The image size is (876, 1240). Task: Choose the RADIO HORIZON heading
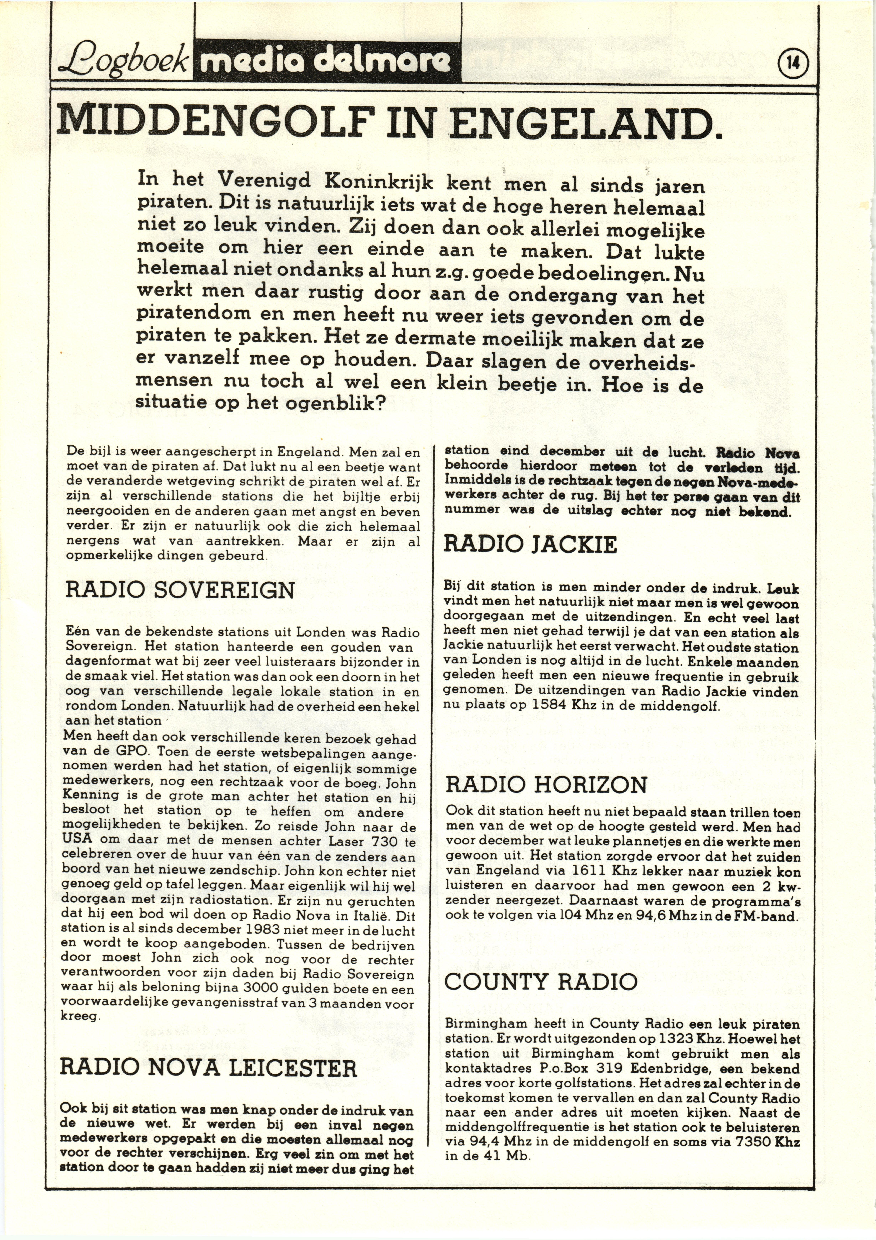pyautogui.click(x=547, y=785)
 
